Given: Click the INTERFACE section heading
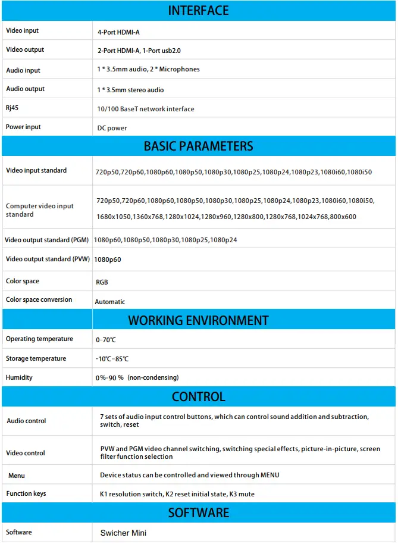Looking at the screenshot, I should tap(199, 11).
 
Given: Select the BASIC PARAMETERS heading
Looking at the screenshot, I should tap(199, 146).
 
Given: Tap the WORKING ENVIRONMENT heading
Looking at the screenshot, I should tap(199, 320).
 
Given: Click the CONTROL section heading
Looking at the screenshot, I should tap(199, 397).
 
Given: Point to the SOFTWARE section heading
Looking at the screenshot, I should tap(199, 513).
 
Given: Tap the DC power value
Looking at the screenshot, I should tap(112, 128).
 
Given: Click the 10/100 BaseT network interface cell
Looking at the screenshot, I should tap(146, 109).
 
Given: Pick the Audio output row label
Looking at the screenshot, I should tap(26, 89).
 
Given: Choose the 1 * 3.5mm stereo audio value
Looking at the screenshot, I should tap(130, 90).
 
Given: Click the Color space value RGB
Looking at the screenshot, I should tap(102, 282).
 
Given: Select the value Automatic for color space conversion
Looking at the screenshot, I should tap(110, 302).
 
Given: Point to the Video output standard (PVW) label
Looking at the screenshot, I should tap(47, 259).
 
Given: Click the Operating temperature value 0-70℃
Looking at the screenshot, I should tap(106, 340).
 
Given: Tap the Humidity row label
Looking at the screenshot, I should tap(19, 377).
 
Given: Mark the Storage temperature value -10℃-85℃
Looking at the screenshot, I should tap(112, 359).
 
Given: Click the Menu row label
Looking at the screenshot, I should tap(17, 476).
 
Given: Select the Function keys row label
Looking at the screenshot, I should tap(26, 493).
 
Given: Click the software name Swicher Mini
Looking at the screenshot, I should tap(124, 533).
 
